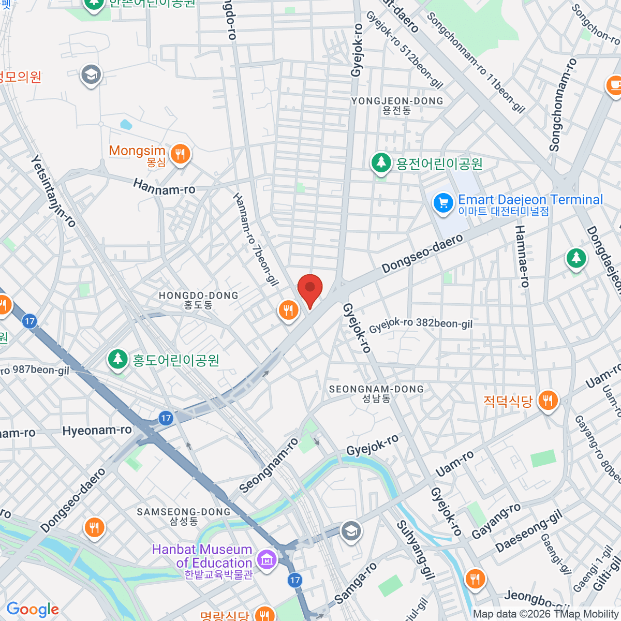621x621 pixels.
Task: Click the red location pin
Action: [x=310, y=289]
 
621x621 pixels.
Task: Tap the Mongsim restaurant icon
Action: [x=180, y=154]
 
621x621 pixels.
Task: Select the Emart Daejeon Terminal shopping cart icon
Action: [x=443, y=203]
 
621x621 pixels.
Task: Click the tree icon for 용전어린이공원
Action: [x=381, y=163]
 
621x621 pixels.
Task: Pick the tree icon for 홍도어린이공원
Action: [x=118, y=359]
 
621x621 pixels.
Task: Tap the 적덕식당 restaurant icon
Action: [x=548, y=401]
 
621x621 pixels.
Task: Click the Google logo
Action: [x=33, y=610]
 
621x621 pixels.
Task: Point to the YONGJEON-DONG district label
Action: [x=397, y=101]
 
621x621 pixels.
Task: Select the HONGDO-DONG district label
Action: [x=198, y=296]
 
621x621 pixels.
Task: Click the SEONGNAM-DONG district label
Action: [x=376, y=389]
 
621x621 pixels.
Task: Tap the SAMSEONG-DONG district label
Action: [x=183, y=512]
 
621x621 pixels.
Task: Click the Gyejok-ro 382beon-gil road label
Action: [x=421, y=324]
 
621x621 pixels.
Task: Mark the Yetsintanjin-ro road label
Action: [x=53, y=191]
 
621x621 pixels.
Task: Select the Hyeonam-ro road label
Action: [x=97, y=431]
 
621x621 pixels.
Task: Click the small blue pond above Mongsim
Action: [x=126, y=125]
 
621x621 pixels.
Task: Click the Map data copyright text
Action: [x=545, y=614]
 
